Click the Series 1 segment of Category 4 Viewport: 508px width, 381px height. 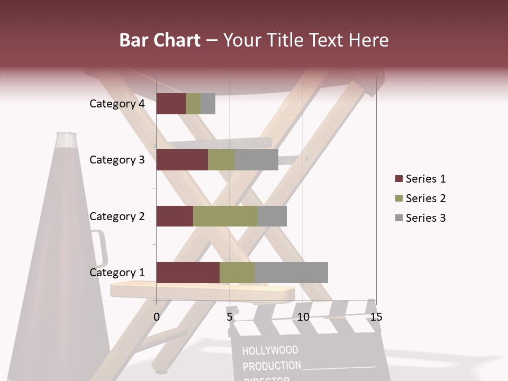(x=171, y=103)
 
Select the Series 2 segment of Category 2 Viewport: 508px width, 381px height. (x=225, y=216)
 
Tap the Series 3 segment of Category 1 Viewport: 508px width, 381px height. (x=291, y=272)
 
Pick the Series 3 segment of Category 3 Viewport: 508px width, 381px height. (x=256, y=160)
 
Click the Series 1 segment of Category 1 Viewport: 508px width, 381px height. (x=188, y=272)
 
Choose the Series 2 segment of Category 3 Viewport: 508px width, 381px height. (x=221, y=160)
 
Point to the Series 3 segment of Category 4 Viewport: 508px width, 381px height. (x=208, y=103)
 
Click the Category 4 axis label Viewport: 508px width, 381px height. (x=117, y=104)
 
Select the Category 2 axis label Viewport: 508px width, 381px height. (x=117, y=216)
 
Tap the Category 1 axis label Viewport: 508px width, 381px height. (x=117, y=273)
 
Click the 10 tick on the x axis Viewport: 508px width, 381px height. (x=303, y=317)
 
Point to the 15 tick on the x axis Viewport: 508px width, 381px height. (x=376, y=317)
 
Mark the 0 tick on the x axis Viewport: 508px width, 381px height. (x=157, y=317)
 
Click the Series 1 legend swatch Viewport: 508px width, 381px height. (x=398, y=179)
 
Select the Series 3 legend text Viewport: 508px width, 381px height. (x=425, y=218)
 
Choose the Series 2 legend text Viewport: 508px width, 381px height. (x=425, y=198)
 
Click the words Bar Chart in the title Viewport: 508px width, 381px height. (x=159, y=40)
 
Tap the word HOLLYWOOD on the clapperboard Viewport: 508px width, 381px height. (x=270, y=350)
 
